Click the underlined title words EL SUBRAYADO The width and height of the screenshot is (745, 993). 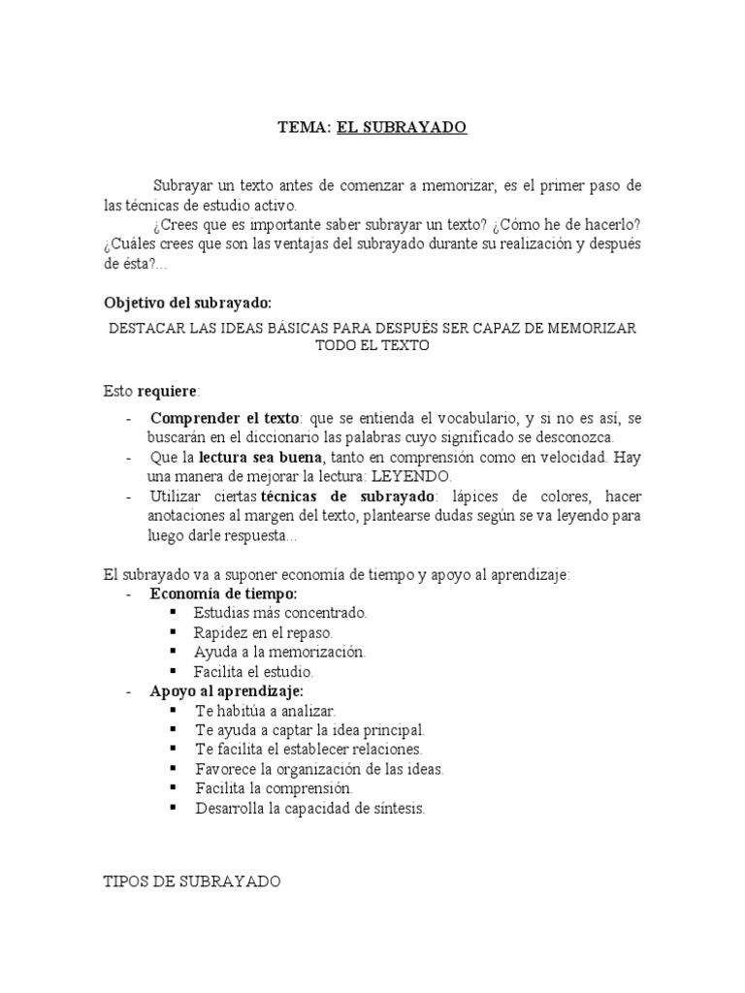402,127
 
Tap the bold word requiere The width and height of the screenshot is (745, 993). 167,391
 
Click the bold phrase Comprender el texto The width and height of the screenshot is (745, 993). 225,418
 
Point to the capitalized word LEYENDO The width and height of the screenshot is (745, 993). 410,476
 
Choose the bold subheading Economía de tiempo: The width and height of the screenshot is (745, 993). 224,593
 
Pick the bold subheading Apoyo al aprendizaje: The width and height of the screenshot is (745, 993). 227,690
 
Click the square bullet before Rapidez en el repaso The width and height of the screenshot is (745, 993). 174,632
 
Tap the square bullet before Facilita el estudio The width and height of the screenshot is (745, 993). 174,671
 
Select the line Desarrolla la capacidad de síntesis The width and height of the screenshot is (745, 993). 309,808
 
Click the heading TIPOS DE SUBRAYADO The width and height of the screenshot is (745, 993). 192,881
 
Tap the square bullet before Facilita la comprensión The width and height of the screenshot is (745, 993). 174,788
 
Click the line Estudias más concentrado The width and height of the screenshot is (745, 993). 280,613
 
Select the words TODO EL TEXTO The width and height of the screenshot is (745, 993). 372,346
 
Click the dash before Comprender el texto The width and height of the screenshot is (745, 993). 130,418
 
